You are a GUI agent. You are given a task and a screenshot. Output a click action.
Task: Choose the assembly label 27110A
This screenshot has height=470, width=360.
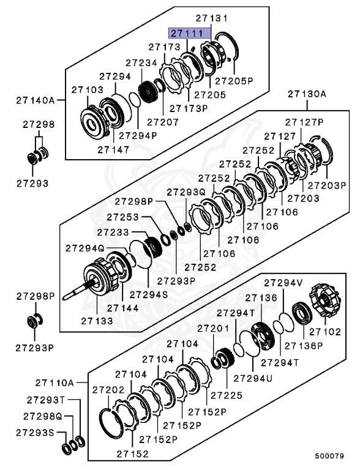click(54, 382)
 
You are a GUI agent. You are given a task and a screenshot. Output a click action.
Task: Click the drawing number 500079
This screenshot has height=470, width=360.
click(330, 456)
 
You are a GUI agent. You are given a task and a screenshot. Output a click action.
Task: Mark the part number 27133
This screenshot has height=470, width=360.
click(97, 319)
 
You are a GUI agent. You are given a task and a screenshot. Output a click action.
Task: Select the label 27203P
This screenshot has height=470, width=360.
click(326, 185)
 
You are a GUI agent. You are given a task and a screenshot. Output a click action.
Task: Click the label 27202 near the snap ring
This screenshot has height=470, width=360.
click(108, 389)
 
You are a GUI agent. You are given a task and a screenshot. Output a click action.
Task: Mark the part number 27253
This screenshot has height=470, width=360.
click(122, 217)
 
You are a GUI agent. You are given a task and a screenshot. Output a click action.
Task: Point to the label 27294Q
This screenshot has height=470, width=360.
click(85, 247)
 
